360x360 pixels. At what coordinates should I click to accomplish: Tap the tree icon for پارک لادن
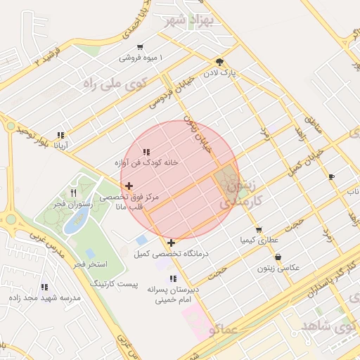[x=221, y=61]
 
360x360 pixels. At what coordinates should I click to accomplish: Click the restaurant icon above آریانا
[x=61, y=135]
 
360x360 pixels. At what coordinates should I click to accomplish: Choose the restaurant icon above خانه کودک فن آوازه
[x=146, y=152]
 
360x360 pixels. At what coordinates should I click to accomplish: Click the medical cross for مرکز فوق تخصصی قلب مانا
[x=128, y=186]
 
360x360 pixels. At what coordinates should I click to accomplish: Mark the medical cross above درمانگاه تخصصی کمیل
[x=172, y=243]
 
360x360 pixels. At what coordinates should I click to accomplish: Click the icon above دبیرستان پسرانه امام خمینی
[x=173, y=279]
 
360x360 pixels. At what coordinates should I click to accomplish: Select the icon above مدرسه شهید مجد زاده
[x=45, y=287]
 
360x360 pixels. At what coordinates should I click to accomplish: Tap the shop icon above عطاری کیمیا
[x=259, y=230]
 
